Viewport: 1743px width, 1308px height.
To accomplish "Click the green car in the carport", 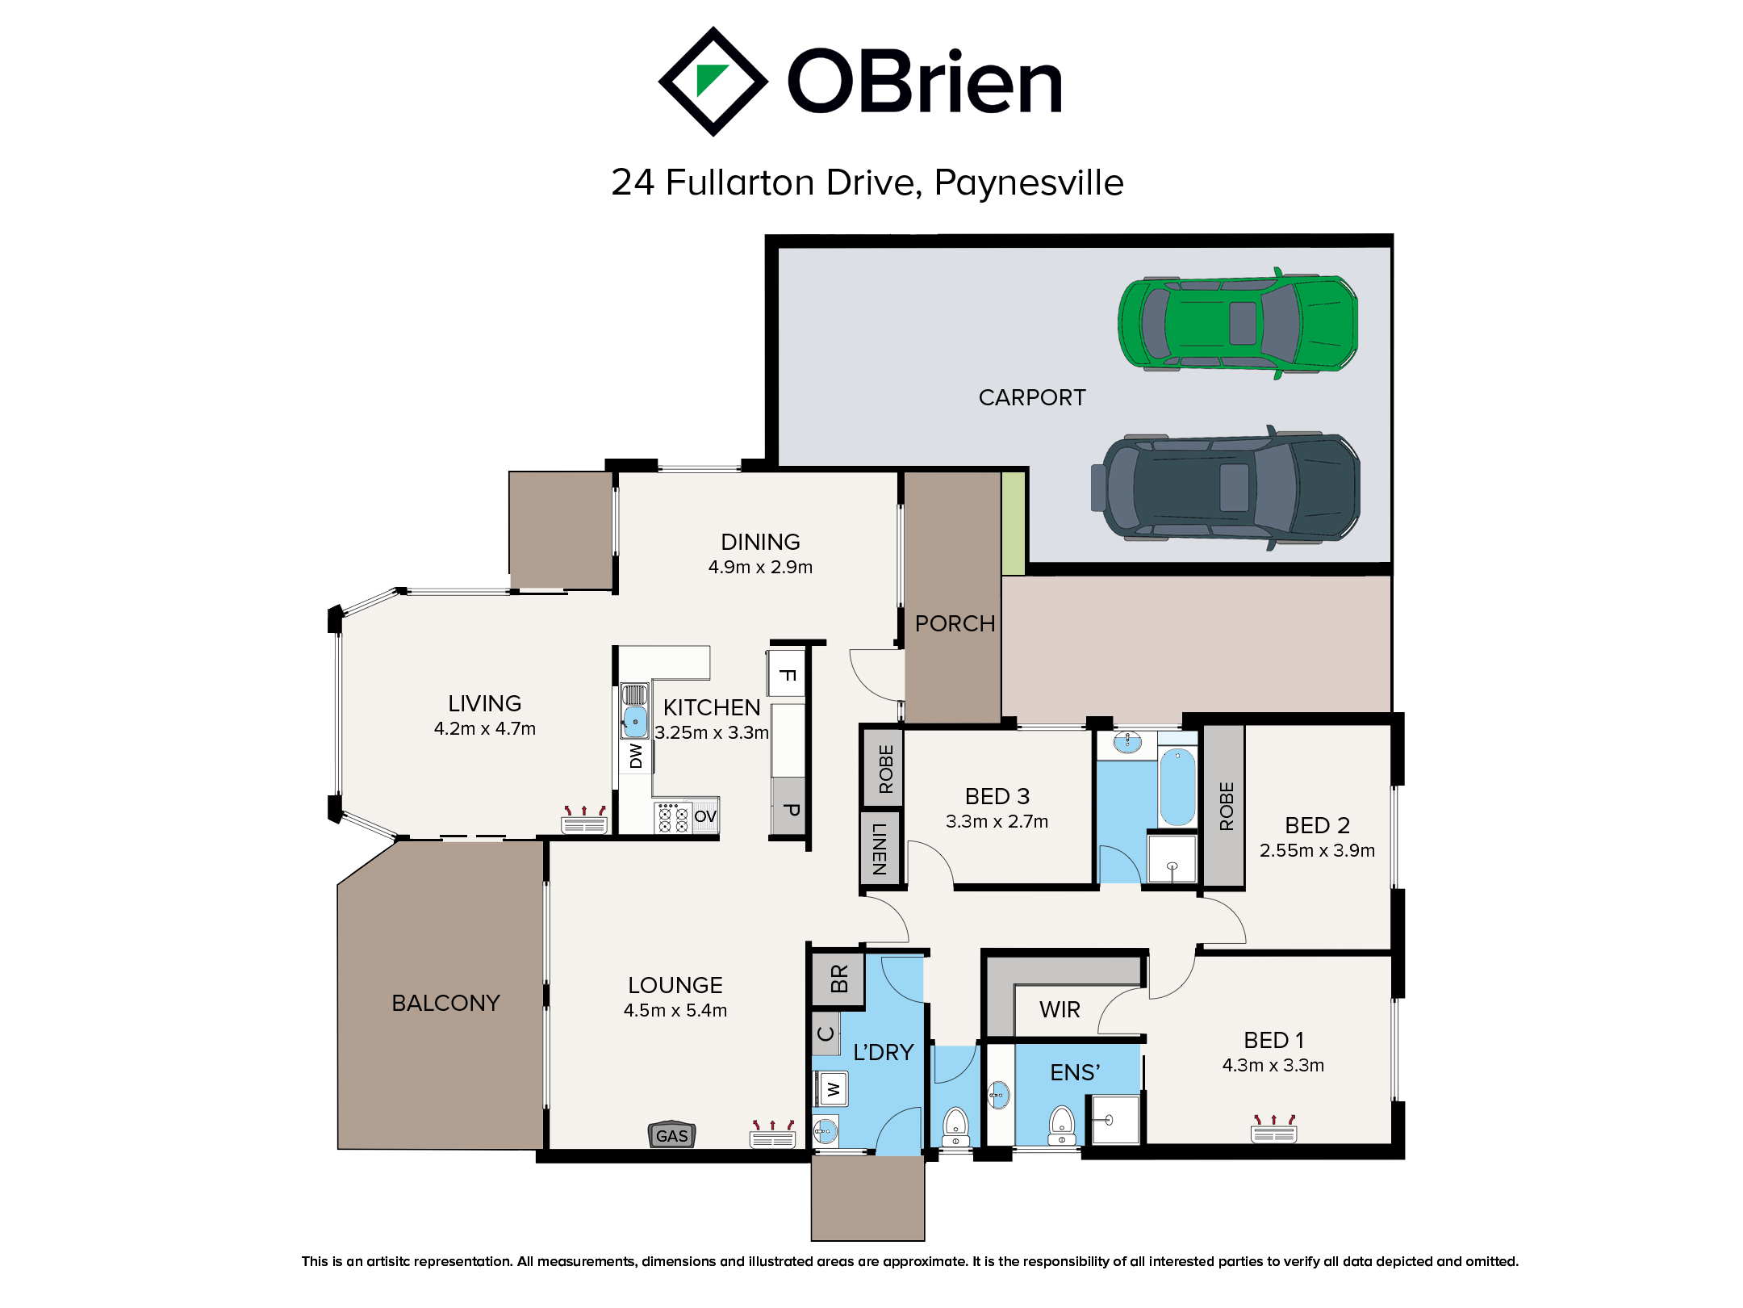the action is (1237, 323).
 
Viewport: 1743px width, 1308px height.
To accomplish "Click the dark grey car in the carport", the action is (1226, 488).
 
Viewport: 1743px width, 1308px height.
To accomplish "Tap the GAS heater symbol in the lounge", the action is (672, 1135).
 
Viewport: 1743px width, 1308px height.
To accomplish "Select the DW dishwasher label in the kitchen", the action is (636, 756).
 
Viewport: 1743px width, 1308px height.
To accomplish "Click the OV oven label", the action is (705, 816).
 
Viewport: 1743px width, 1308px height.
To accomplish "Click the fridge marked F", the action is (787, 674).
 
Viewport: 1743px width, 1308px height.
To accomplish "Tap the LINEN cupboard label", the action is (880, 849).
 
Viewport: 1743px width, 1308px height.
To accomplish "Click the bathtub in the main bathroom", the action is (1178, 786).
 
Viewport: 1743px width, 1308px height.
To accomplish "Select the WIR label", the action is (1060, 1009).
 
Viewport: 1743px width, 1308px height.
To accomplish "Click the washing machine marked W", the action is (833, 1089).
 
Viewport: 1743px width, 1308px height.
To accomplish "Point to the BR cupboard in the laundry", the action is (838, 979).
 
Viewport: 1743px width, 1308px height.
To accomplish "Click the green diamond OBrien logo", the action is (713, 82).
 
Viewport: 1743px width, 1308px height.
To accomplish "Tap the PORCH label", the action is (955, 623).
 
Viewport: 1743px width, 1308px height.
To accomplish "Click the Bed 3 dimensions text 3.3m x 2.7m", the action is (997, 821).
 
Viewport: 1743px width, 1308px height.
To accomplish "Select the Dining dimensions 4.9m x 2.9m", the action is (760, 567).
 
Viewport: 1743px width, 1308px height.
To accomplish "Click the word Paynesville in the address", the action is (1029, 183).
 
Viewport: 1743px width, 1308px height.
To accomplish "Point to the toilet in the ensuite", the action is (1062, 1125).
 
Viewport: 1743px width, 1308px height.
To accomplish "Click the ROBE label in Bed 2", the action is (1227, 806).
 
